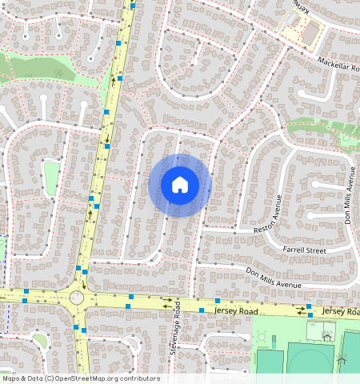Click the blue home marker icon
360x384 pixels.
pos(180,185)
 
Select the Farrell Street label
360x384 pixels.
pos(305,250)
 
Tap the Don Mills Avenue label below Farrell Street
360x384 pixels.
pos(273,278)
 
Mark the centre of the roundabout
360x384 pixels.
pos(77,297)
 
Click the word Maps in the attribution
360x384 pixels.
pos(13,378)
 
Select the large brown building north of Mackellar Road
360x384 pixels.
pos(310,34)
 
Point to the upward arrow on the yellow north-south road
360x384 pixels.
pos(112,81)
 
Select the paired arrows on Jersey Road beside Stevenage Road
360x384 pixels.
pos(168,304)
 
